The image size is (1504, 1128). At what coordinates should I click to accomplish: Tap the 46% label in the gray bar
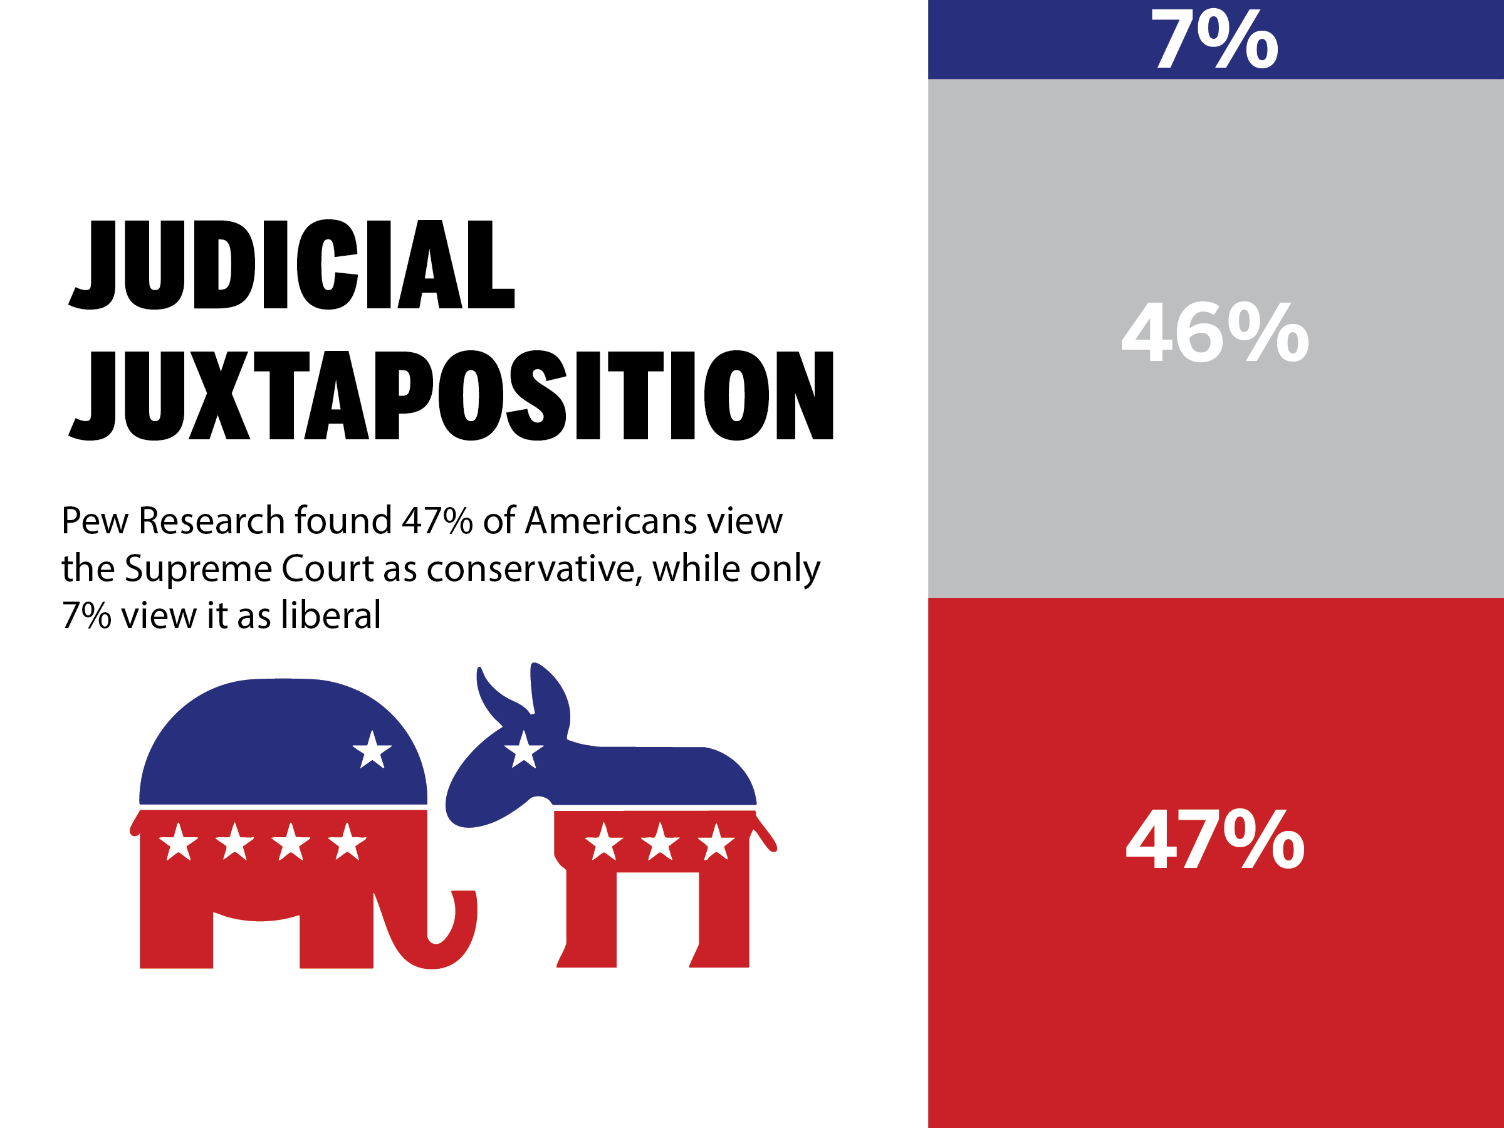(x=1214, y=333)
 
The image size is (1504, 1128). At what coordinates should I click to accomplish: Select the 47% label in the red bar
(x=1214, y=839)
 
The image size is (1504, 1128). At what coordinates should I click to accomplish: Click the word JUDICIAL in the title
(x=293, y=265)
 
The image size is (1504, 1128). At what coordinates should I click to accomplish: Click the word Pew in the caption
(x=95, y=521)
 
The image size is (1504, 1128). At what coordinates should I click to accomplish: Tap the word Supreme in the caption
(x=198, y=569)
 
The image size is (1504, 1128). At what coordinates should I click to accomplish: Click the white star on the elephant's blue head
(x=372, y=751)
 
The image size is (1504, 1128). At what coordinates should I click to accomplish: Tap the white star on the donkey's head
(x=523, y=751)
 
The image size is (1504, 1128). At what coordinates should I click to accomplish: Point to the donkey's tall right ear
(x=550, y=694)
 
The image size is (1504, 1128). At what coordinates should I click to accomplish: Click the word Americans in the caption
(x=611, y=521)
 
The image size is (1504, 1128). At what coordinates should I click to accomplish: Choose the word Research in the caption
(x=211, y=521)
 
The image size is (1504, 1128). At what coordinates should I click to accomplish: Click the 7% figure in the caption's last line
(x=86, y=616)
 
